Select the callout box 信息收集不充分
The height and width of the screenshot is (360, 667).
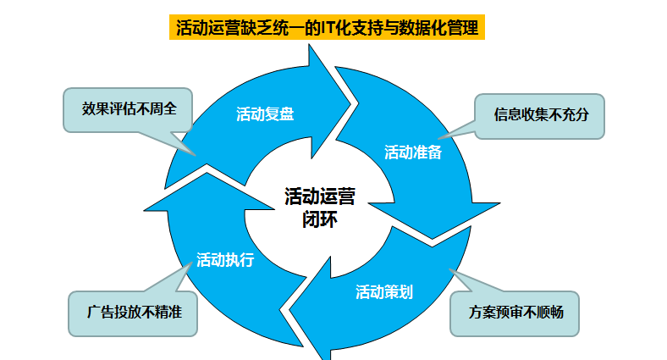pyautogui.click(x=539, y=115)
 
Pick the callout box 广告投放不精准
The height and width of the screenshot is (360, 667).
pyautogui.click(x=133, y=312)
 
